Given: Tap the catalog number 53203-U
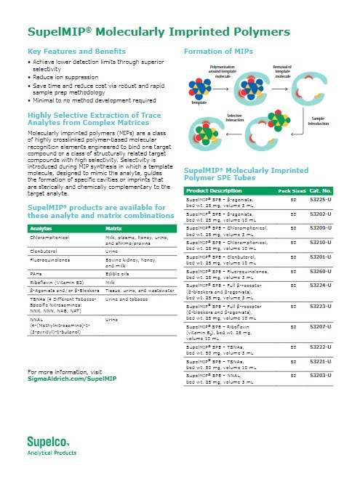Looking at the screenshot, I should pyautogui.click(x=320, y=374).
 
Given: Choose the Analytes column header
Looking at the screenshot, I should pyautogui.click(x=40, y=227).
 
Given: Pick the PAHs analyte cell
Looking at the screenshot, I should pyautogui.click(x=37, y=273).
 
